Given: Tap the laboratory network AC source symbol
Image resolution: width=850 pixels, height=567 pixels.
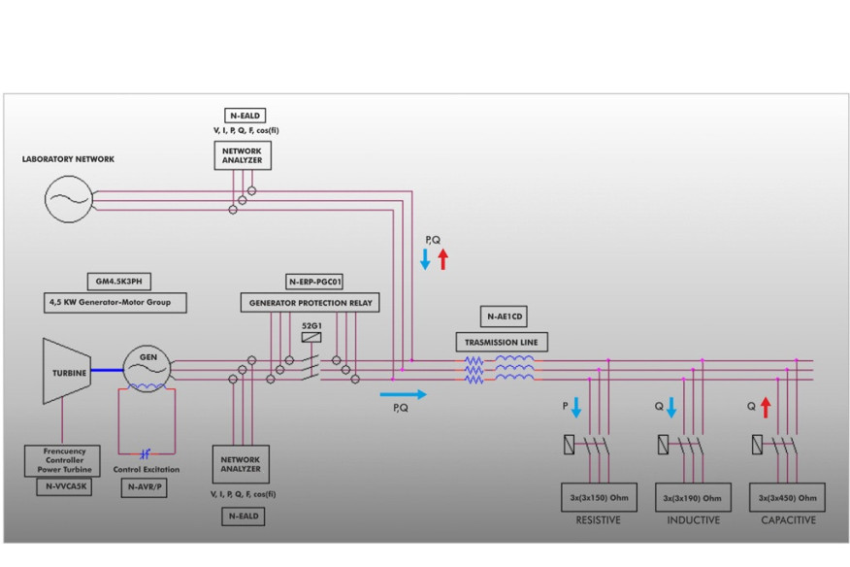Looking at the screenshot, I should click(69, 200).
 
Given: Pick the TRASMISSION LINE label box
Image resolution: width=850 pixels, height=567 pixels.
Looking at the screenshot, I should click(502, 342).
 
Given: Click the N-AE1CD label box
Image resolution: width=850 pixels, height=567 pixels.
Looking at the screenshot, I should click(504, 317).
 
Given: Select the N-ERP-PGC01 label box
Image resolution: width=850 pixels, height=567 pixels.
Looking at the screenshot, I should click(312, 282).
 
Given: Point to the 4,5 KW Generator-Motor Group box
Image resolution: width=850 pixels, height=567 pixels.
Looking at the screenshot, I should click(115, 303).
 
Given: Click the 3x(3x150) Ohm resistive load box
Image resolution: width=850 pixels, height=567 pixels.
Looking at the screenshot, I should click(599, 497).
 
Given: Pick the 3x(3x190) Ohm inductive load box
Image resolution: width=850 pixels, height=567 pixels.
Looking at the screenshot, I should click(693, 497).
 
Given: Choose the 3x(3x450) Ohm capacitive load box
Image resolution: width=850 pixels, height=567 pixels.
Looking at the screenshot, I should click(787, 497).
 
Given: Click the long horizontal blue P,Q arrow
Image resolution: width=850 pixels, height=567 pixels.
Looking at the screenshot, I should click(403, 394).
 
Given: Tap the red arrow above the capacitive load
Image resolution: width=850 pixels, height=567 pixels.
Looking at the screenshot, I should click(765, 407).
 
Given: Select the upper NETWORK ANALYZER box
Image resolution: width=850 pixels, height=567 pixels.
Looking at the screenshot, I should click(242, 156).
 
